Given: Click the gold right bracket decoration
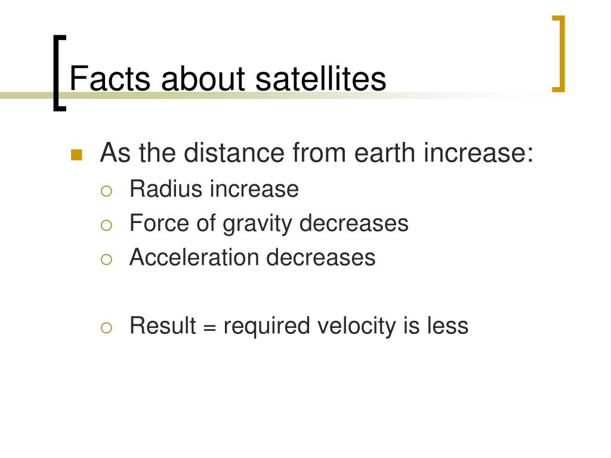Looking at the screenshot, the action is point(559,54).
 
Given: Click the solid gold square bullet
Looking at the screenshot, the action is point(77,155).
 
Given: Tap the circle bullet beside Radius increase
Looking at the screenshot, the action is point(106,191).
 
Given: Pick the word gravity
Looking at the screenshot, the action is point(258,225).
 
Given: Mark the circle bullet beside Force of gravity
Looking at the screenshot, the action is point(106,225).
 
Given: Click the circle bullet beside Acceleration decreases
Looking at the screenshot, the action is point(106,260).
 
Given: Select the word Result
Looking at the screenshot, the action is point(163,326).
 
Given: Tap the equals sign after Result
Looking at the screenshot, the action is point(209,327).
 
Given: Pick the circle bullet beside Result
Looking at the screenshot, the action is point(106,328).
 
